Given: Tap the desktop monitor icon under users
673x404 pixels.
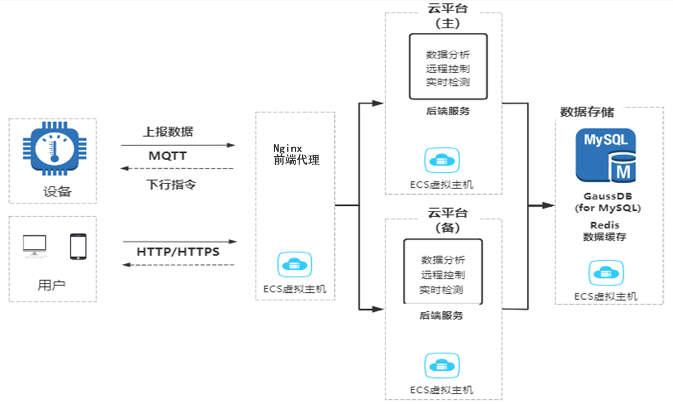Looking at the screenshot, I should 35,246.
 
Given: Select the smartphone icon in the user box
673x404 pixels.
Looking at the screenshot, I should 78,246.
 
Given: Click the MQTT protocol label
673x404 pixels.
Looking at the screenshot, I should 168,156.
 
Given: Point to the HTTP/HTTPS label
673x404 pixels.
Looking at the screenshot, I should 178,252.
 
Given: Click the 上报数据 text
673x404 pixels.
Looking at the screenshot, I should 168,131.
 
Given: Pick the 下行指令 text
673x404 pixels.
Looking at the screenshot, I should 171,185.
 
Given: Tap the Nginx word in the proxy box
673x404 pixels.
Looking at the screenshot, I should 288,148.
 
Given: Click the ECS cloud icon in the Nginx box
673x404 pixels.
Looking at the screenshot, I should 295,265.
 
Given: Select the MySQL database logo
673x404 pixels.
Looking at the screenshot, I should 606,155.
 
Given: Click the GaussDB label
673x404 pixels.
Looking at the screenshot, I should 607,196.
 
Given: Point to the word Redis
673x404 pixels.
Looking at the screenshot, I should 604,225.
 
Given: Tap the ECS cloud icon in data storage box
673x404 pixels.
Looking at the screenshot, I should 606,273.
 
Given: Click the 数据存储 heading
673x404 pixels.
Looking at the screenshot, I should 587,112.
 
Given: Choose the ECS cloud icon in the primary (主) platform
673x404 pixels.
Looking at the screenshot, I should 442,160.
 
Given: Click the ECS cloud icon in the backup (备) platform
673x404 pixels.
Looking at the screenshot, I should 442,365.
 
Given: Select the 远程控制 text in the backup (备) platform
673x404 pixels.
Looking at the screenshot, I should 443,275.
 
